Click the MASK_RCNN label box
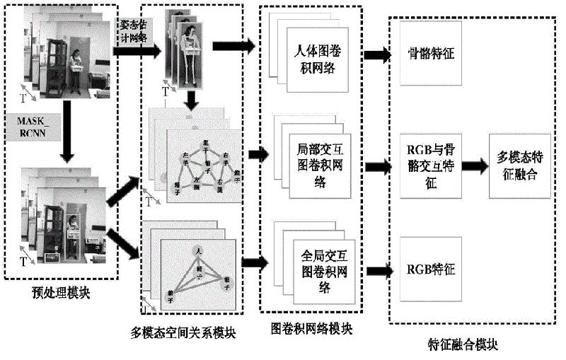pyautogui.click(x=33, y=125)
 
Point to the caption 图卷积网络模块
pyautogui.click(x=312, y=329)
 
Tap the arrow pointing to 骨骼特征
pyautogui.click(x=376, y=53)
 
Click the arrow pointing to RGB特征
pyautogui.click(x=376, y=269)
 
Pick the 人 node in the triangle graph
pyautogui.click(x=200, y=250)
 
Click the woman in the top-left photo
pyautogui.click(x=76, y=71)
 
